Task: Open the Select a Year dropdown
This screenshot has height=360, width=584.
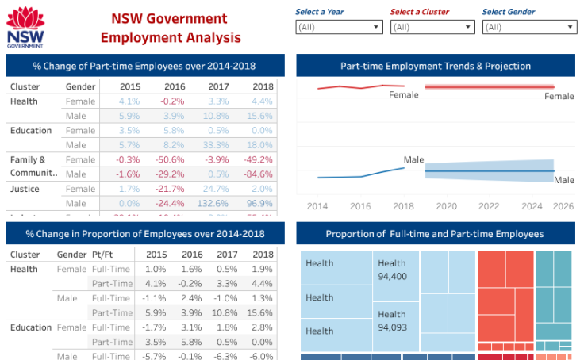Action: pos(339,27)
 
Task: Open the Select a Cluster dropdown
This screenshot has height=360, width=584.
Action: pos(432,27)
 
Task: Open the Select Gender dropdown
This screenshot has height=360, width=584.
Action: pos(529,27)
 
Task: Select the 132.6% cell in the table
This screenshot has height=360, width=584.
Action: pos(217,204)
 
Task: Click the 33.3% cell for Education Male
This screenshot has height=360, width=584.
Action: pos(217,145)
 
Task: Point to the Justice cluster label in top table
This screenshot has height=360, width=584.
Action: pos(25,189)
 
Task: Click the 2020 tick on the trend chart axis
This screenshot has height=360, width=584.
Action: pos(447,205)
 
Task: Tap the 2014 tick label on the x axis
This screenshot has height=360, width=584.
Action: pos(317,205)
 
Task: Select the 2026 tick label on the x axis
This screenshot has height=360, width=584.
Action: pos(563,205)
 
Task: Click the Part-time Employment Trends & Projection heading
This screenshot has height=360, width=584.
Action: pos(436,66)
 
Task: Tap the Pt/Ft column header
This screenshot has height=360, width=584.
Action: pos(102,255)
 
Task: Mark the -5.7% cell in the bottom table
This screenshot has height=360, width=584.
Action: pos(156,356)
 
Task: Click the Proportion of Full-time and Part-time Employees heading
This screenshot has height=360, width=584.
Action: pos(435,234)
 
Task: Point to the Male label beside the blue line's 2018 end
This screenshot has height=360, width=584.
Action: pos(413,160)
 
